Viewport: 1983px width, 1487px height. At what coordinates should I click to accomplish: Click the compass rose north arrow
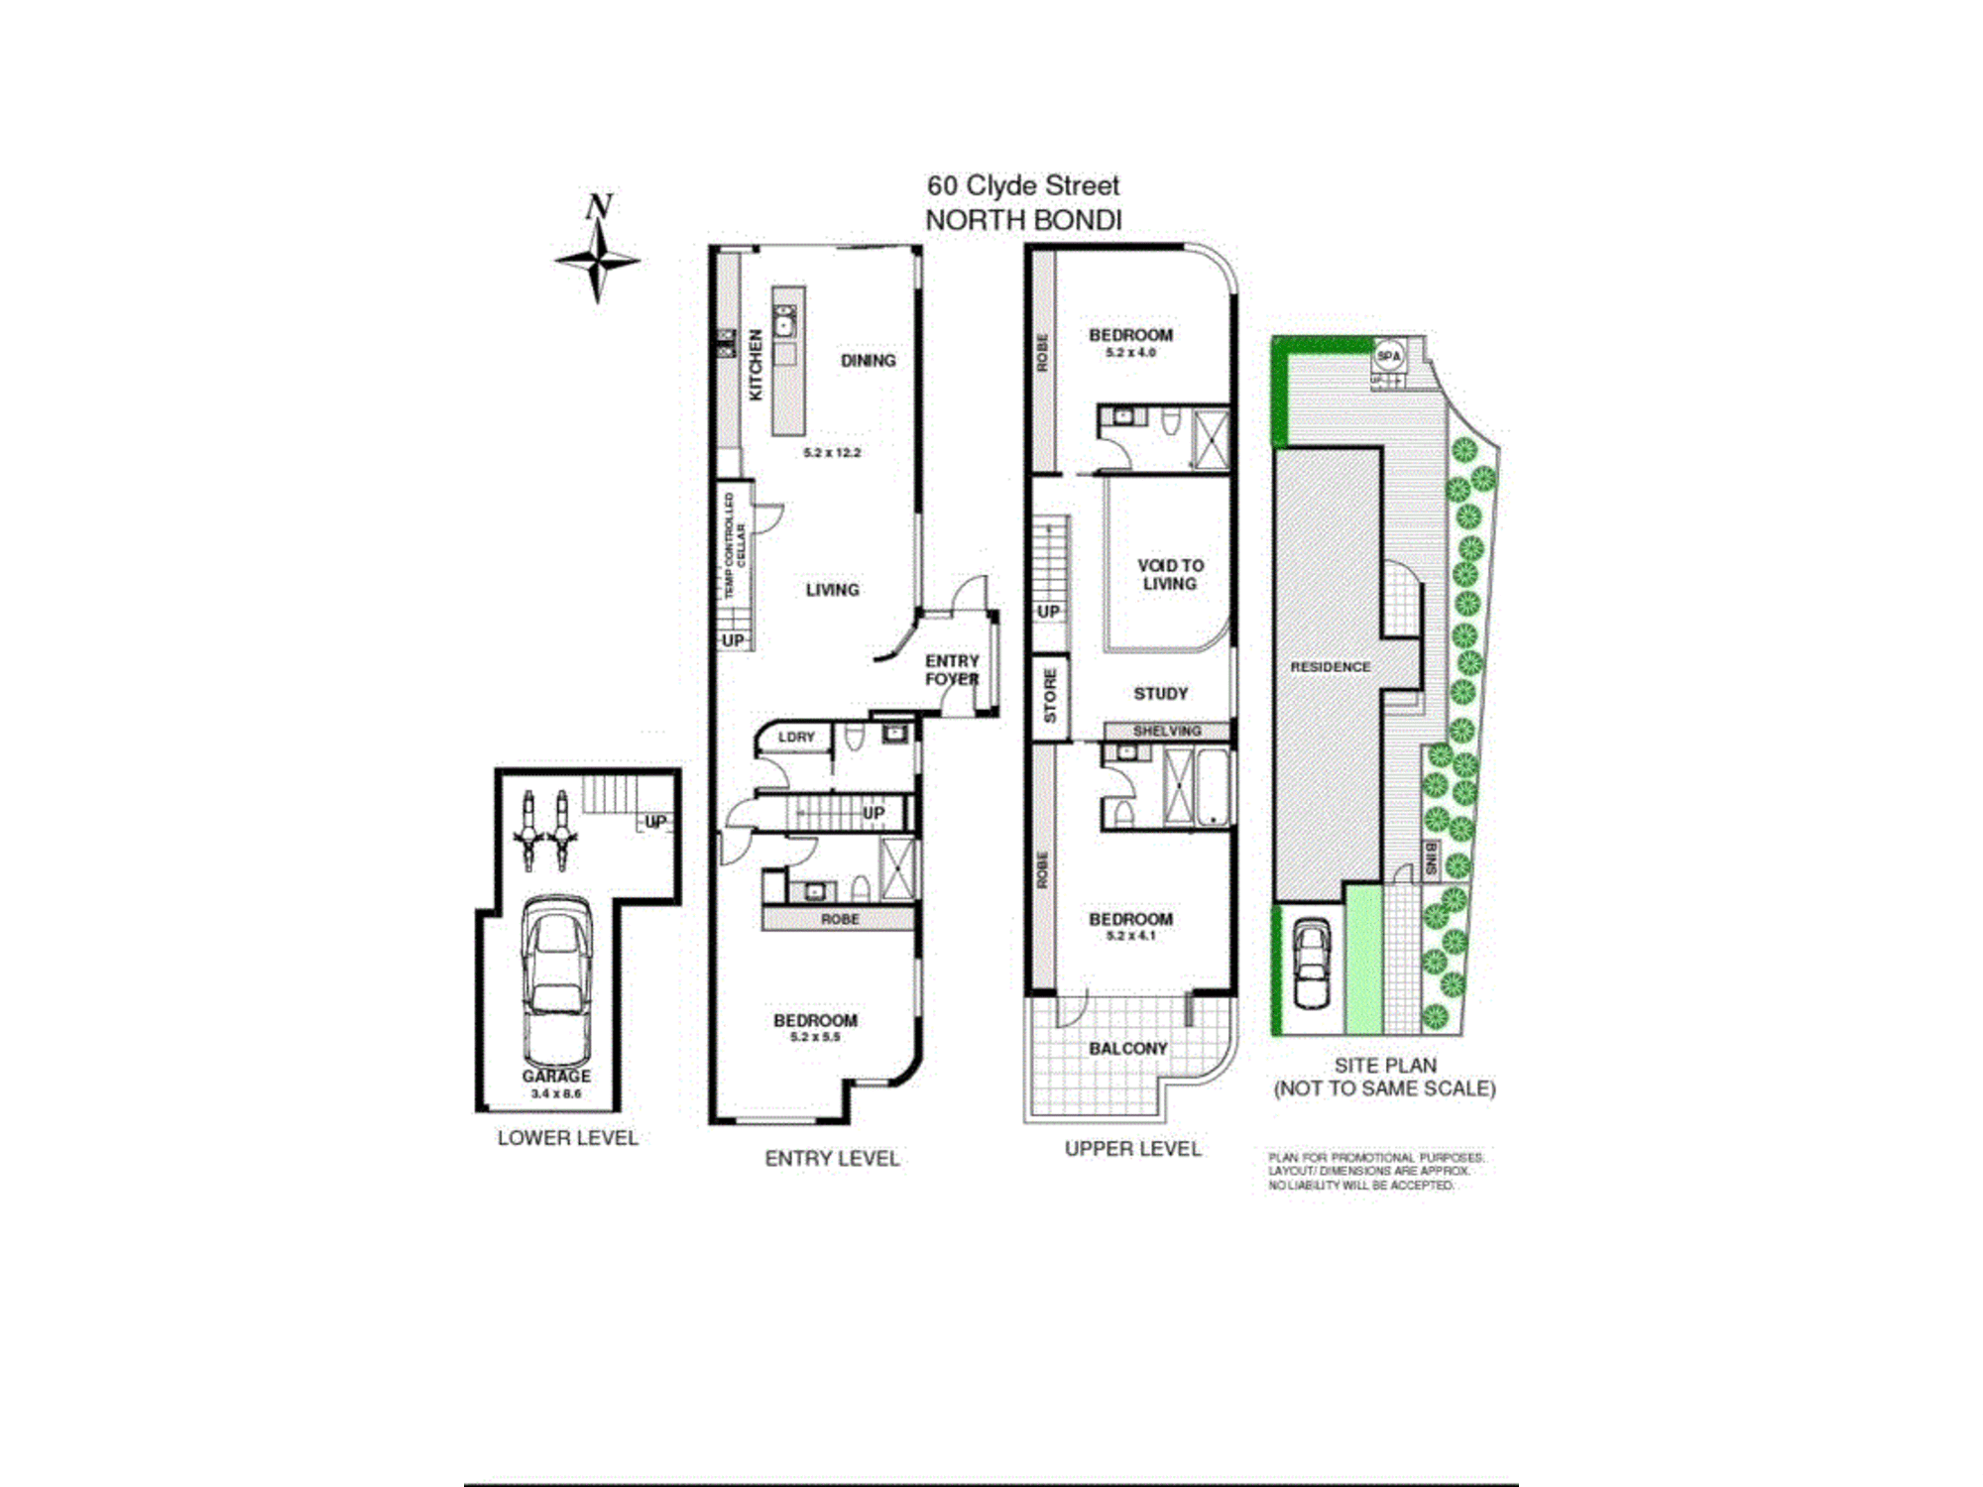point(598,253)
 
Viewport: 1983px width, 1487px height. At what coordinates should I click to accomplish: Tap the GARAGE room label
point(556,1076)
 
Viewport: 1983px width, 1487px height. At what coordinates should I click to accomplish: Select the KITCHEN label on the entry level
point(757,365)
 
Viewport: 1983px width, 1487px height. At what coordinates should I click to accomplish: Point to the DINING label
point(868,361)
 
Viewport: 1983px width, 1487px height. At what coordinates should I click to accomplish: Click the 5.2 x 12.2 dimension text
point(832,452)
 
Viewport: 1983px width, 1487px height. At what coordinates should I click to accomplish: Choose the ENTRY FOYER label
point(952,670)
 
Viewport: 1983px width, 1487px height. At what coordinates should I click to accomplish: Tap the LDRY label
point(796,737)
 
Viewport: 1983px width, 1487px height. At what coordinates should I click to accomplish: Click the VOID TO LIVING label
point(1170,574)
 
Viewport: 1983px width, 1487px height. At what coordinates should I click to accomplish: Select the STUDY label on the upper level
point(1160,693)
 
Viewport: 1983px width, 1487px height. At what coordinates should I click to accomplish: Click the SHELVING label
point(1167,731)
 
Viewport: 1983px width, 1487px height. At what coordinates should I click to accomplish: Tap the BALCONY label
point(1128,1048)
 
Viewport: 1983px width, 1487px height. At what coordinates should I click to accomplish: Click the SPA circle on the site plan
point(1389,355)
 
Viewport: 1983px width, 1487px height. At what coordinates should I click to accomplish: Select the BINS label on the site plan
point(1431,858)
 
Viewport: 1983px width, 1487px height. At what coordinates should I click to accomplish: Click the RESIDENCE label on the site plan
point(1330,667)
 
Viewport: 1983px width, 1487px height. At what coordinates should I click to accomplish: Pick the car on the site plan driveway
point(1312,963)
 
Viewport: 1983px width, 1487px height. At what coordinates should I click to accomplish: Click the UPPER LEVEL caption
point(1132,1149)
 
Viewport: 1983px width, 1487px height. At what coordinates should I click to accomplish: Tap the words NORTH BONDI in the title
point(1023,220)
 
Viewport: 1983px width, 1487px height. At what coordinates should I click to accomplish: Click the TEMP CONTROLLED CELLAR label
point(735,545)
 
